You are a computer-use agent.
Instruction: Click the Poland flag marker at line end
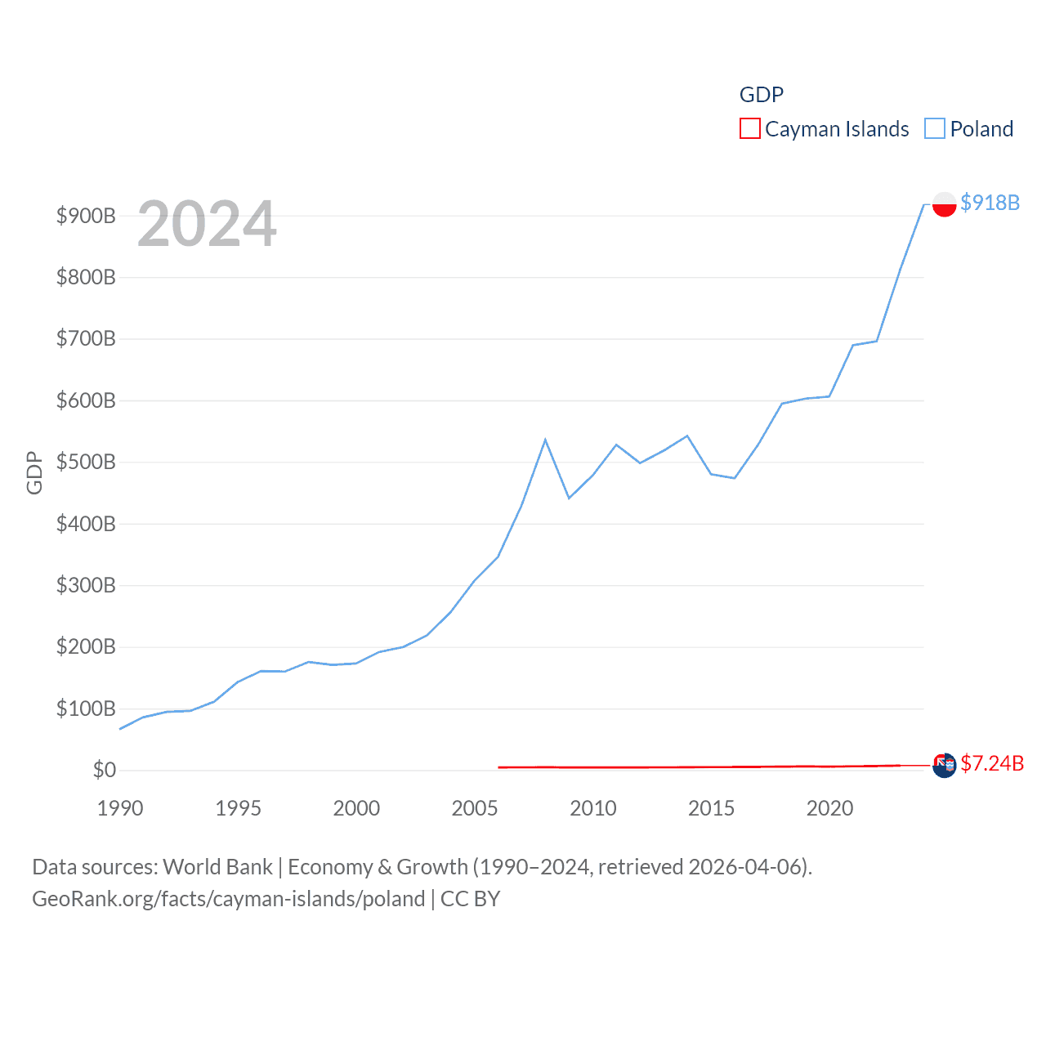(x=944, y=203)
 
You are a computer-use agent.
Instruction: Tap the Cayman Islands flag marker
(x=944, y=766)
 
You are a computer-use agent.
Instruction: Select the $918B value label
(x=990, y=203)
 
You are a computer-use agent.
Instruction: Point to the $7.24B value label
(x=991, y=763)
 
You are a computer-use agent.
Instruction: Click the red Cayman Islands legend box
(x=749, y=129)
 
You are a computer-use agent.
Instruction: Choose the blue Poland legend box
(x=934, y=129)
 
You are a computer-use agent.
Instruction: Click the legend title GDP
(x=761, y=95)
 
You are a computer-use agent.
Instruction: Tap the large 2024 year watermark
(x=207, y=224)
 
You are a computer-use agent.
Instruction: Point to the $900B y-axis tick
(x=86, y=216)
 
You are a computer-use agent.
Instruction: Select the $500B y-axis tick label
(x=86, y=462)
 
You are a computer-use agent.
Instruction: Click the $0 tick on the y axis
(x=104, y=770)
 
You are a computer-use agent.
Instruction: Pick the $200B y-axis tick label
(x=86, y=647)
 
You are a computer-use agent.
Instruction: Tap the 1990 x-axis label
(x=120, y=808)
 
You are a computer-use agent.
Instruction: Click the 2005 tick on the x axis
(x=475, y=808)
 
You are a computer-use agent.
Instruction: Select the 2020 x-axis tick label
(x=829, y=808)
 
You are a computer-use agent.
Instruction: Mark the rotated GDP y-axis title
(x=34, y=472)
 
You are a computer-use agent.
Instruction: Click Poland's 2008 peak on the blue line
(x=545, y=440)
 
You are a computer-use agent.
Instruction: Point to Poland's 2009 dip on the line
(x=569, y=498)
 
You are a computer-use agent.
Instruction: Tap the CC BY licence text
(x=470, y=899)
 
